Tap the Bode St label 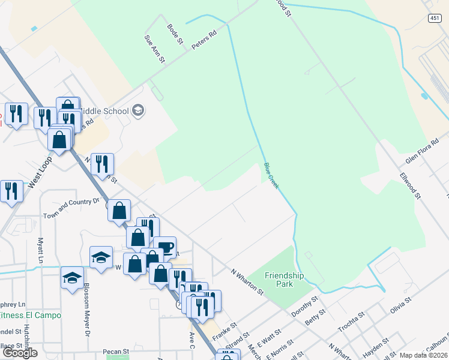tap(174, 34)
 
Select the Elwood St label tap(411, 187)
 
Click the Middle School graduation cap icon tap(139, 110)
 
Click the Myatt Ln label tap(40, 250)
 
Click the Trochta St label tap(351, 323)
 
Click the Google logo tap(19, 353)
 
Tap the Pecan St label tap(116, 351)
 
